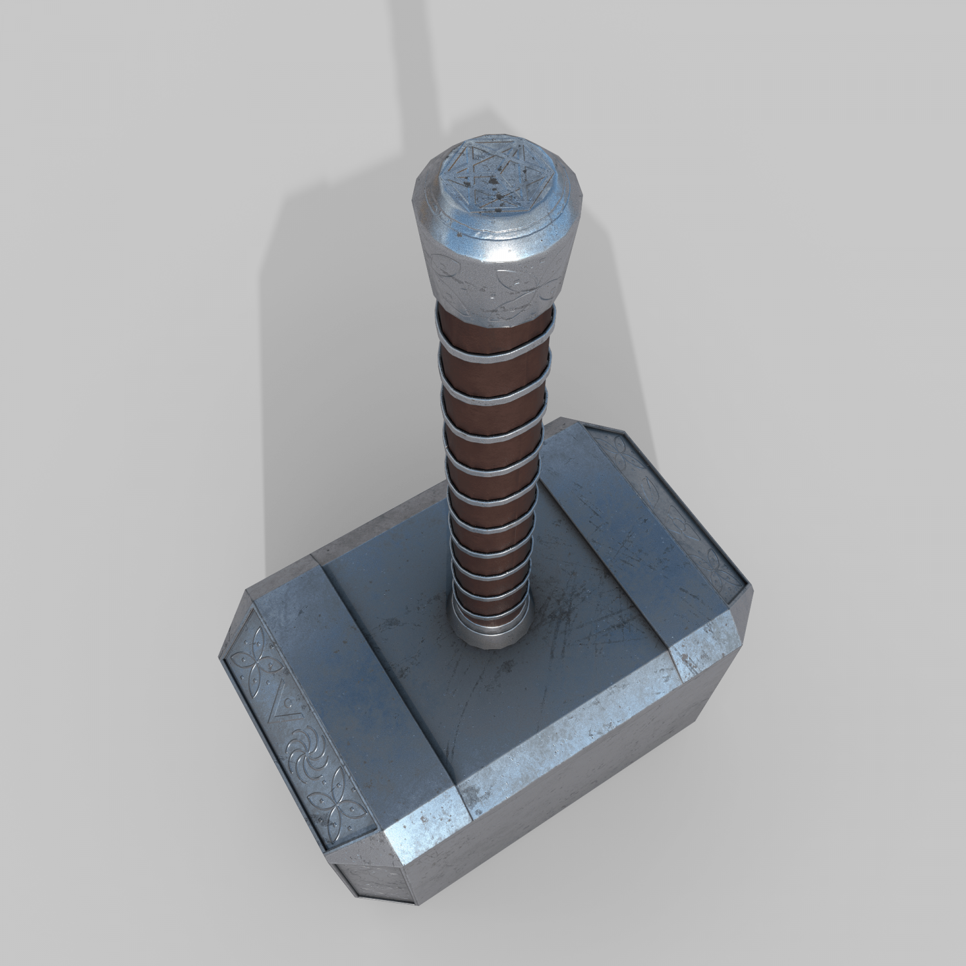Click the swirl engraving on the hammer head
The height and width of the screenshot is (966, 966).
303,750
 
